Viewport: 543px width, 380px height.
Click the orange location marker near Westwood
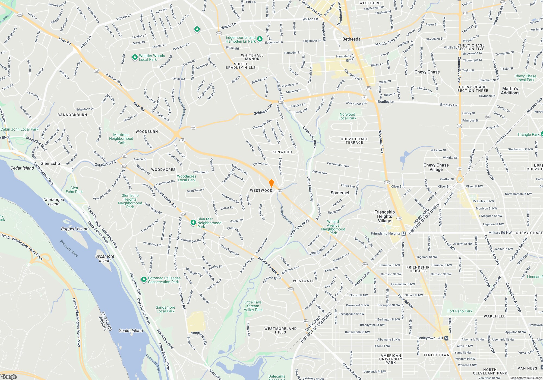(271, 183)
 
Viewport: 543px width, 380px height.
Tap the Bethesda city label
(351, 39)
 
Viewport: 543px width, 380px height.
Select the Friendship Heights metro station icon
(403, 233)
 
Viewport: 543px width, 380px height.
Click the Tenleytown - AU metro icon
(446, 338)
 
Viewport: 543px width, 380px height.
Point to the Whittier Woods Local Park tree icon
(135, 57)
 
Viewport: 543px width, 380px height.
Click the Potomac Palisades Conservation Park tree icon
(144, 279)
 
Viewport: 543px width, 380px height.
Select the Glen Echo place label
(50, 163)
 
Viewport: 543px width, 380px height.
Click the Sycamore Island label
(105, 258)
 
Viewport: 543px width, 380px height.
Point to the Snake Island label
(131, 331)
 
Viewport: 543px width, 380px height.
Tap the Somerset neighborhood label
(340, 193)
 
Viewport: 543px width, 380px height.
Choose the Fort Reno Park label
(460, 311)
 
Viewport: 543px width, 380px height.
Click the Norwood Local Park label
(347, 116)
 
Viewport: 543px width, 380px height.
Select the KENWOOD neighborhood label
(282, 152)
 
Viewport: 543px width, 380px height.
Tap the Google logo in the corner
(9, 376)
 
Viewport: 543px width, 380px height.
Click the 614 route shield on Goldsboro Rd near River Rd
(193, 128)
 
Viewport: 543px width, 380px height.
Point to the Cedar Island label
(22, 168)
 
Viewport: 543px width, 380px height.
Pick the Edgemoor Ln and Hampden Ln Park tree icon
(260, 39)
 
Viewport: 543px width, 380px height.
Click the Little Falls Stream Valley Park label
(253, 306)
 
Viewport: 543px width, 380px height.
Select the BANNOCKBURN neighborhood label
(72, 115)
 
